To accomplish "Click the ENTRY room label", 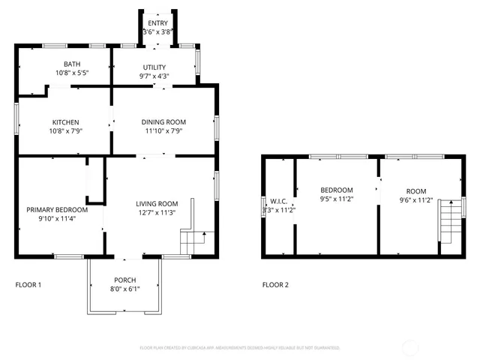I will pyautogui.click(x=157, y=23).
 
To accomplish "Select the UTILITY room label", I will pyautogui.click(x=154, y=67).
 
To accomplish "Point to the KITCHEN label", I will pyautogui.click(x=65, y=122).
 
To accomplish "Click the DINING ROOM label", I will pyautogui.click(x=163, y=122).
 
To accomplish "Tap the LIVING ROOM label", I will pyautogui.click(x=156, y=204).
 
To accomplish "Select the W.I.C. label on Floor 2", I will pyautogui.click(x=279, y=201).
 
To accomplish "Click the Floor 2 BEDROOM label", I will pyautogui.click(x=336, y=190).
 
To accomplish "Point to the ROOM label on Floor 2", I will pyautogui.click(x=415, y=190).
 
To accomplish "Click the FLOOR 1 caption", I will pyautogui.click(x=28, y=285).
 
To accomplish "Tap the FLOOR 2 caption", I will pyautogui.click(x=274, y=285).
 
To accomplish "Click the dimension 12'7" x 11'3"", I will pyautogui.click(x=156, y=212).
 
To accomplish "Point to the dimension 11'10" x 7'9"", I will pyautogui.click(x=163, y=130).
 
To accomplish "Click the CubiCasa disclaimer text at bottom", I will pyautogui.click(x=240, y=348).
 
